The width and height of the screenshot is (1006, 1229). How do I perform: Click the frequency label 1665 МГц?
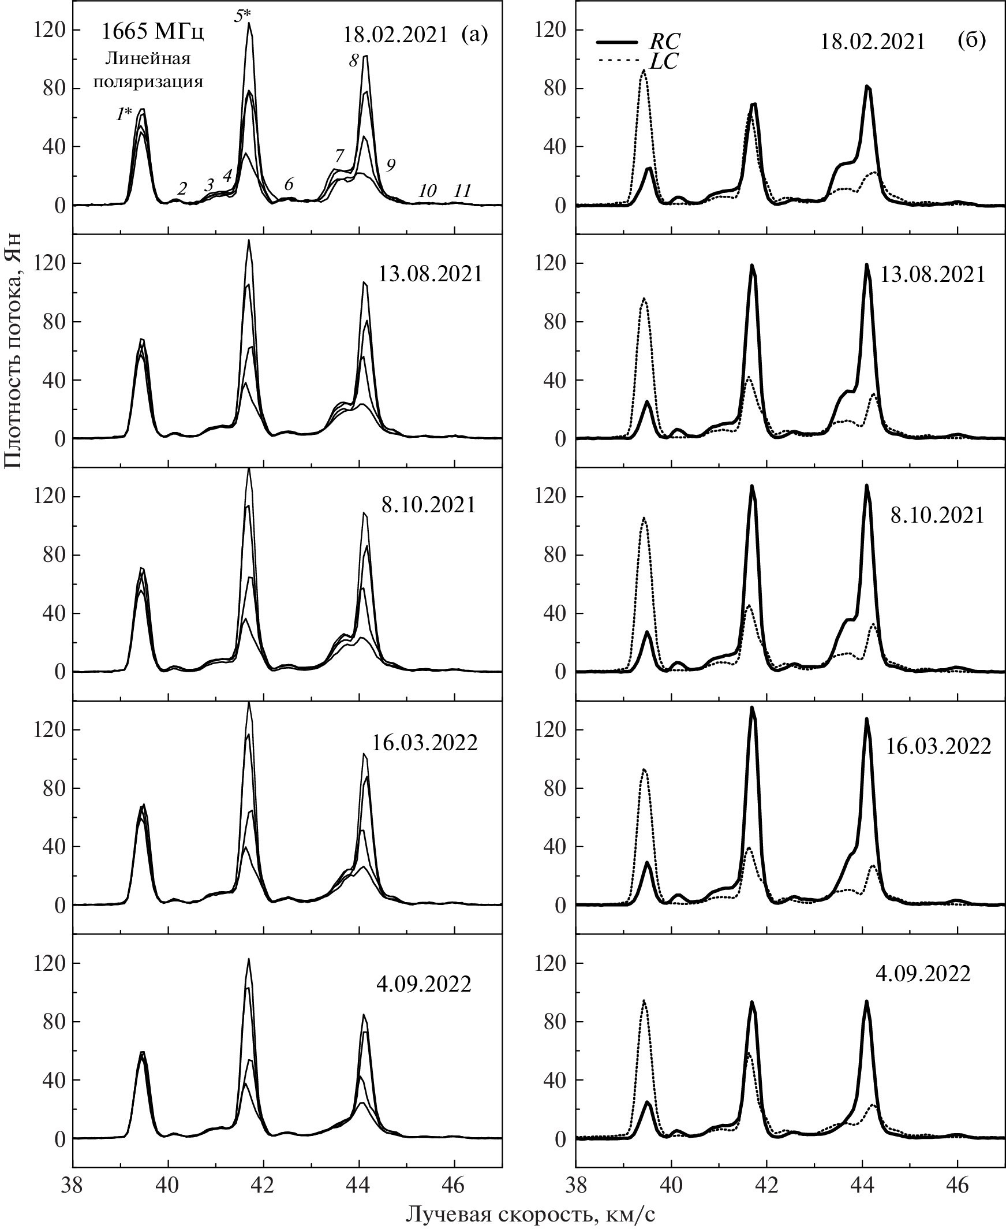152,32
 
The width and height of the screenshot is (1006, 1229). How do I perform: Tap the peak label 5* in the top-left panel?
243,16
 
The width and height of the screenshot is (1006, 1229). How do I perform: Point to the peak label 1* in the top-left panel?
124,115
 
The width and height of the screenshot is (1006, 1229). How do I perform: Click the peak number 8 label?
354,60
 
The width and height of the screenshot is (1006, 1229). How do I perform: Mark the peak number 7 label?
339,156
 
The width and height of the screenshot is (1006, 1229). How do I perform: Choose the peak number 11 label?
462,190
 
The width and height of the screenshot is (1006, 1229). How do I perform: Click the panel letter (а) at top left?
474,35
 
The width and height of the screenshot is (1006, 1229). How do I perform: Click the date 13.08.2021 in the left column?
430,274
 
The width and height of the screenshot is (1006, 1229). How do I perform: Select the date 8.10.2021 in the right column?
937,515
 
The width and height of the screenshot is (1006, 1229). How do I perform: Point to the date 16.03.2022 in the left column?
424,743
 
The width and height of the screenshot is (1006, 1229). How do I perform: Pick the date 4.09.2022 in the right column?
922,974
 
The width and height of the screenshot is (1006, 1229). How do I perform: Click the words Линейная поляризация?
148,70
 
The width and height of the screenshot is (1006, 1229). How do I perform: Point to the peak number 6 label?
288,184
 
